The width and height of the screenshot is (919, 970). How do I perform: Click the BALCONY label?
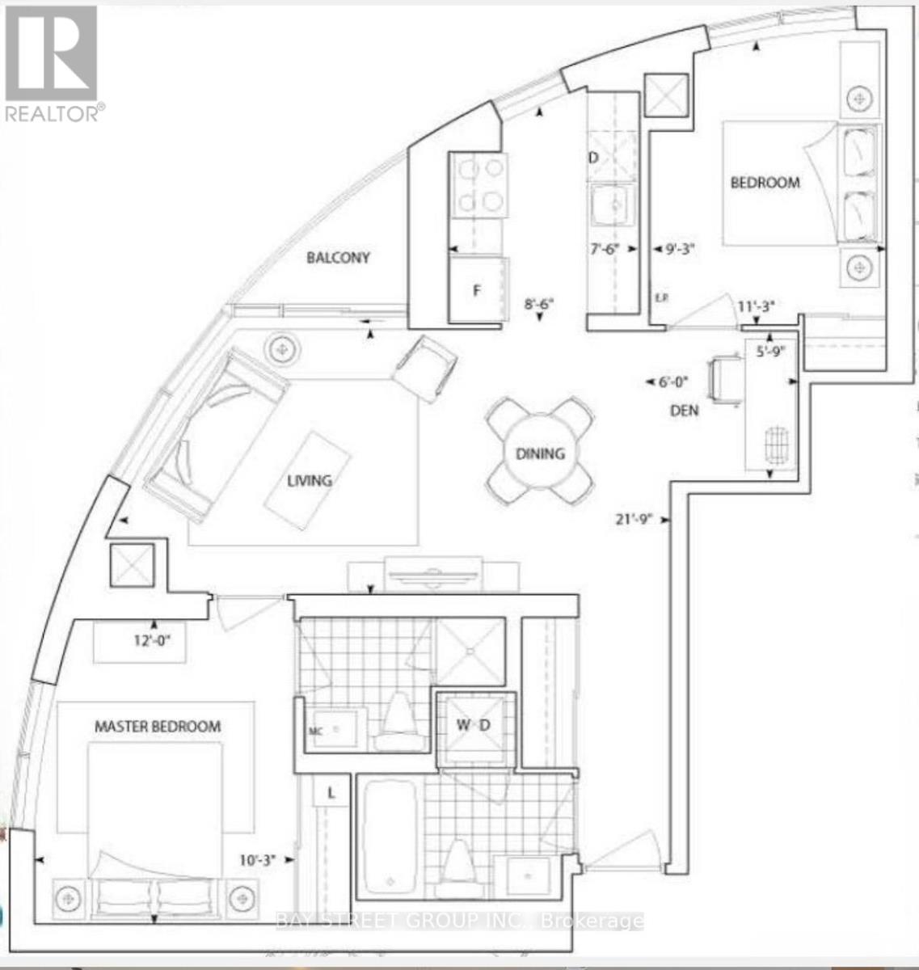tap(338, 258)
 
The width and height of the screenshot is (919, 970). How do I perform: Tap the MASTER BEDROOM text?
tap(158, 726)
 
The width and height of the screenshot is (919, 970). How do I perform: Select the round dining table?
tap(540, 453)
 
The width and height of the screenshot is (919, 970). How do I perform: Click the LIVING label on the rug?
tap(310, 480)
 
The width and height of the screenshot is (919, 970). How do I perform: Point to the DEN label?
tap(684, 411)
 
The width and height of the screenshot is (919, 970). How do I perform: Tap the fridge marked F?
tap(477, 291)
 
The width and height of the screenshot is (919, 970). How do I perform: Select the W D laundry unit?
tap(473, 725)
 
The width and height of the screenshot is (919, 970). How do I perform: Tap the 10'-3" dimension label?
tap(255, 861)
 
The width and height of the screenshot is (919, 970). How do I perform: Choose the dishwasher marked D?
tap(593, 158)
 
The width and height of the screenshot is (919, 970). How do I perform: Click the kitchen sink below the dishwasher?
tap(612, 207)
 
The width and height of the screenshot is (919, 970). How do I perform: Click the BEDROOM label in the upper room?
tap(765, 183)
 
